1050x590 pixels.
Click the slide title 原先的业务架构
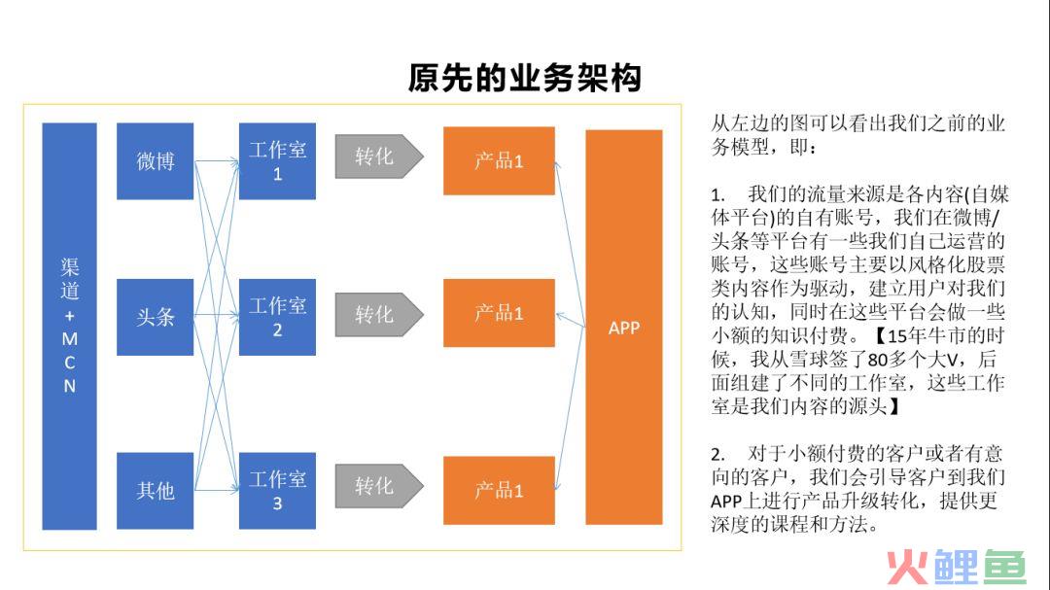[525, 78]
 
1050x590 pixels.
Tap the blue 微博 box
[156, 160]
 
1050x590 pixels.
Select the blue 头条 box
[156, 317]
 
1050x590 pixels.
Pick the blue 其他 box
[156, 491]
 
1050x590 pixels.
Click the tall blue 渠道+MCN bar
[70, 327]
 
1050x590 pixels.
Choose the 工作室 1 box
[277, 160]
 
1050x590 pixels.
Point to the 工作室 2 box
[277, 317]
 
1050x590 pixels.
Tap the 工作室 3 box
[277, 491]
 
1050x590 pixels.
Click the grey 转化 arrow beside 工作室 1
[379, 156]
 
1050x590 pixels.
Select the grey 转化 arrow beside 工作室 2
[379, 314]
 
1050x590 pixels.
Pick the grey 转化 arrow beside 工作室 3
[379, 486]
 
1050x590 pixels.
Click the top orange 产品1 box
[499, 160]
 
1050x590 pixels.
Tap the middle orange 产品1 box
[499, 313]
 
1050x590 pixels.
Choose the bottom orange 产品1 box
[499, 490]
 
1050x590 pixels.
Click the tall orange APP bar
[624, 327]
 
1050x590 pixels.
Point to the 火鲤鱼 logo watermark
[957, 568]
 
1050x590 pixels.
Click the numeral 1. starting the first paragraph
[717, 195]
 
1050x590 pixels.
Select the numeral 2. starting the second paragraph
[717, 455]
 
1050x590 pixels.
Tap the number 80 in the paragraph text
[877, 361]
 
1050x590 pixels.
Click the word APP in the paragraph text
[726, 502]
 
